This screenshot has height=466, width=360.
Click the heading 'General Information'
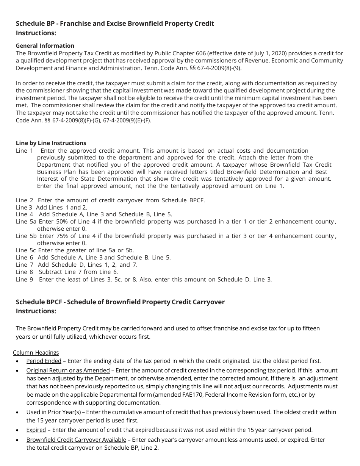[45, 46]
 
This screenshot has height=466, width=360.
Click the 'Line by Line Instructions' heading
[51, 143]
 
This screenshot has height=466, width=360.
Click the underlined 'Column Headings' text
[36, 353]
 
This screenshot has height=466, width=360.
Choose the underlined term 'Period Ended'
[44, 361]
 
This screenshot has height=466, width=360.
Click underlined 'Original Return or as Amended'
[68, 371]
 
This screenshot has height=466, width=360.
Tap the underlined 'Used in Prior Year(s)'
[53, 412]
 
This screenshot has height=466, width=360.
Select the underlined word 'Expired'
[36, 430]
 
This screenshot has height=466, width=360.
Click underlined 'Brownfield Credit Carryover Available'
[76, 440]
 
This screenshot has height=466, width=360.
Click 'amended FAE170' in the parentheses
[189, 395]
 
